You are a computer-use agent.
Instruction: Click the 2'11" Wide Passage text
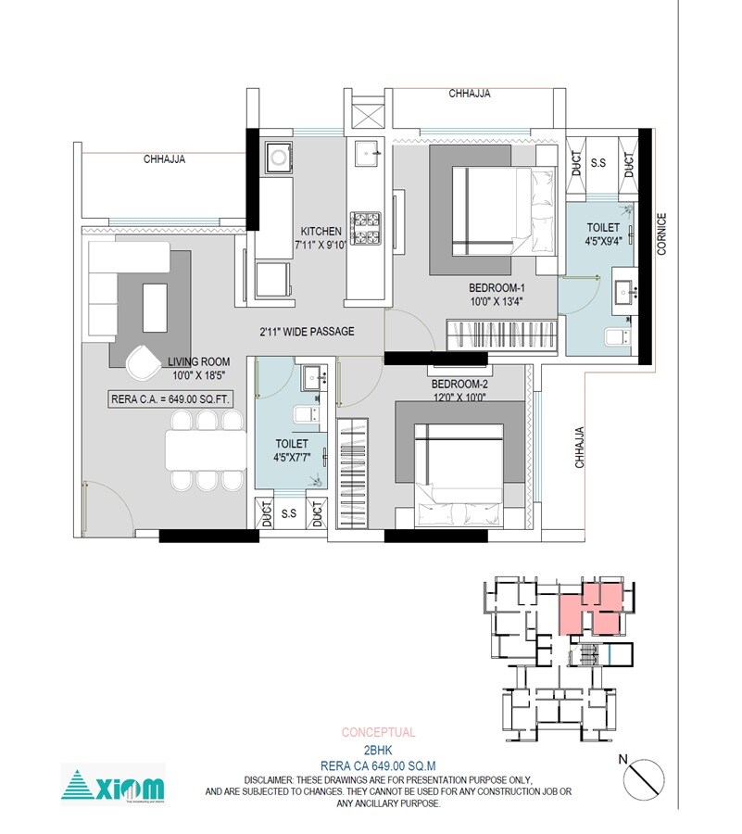coord(306,331)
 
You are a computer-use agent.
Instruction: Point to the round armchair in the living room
coord(143,361)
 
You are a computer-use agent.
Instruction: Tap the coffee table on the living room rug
coord(155,307)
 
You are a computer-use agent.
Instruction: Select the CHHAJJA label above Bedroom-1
coord(469,94)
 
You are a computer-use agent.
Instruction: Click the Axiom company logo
coord(113,785)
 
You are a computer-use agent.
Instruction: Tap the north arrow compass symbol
coord(644,776)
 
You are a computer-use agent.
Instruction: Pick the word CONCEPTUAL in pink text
coord(378,732)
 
